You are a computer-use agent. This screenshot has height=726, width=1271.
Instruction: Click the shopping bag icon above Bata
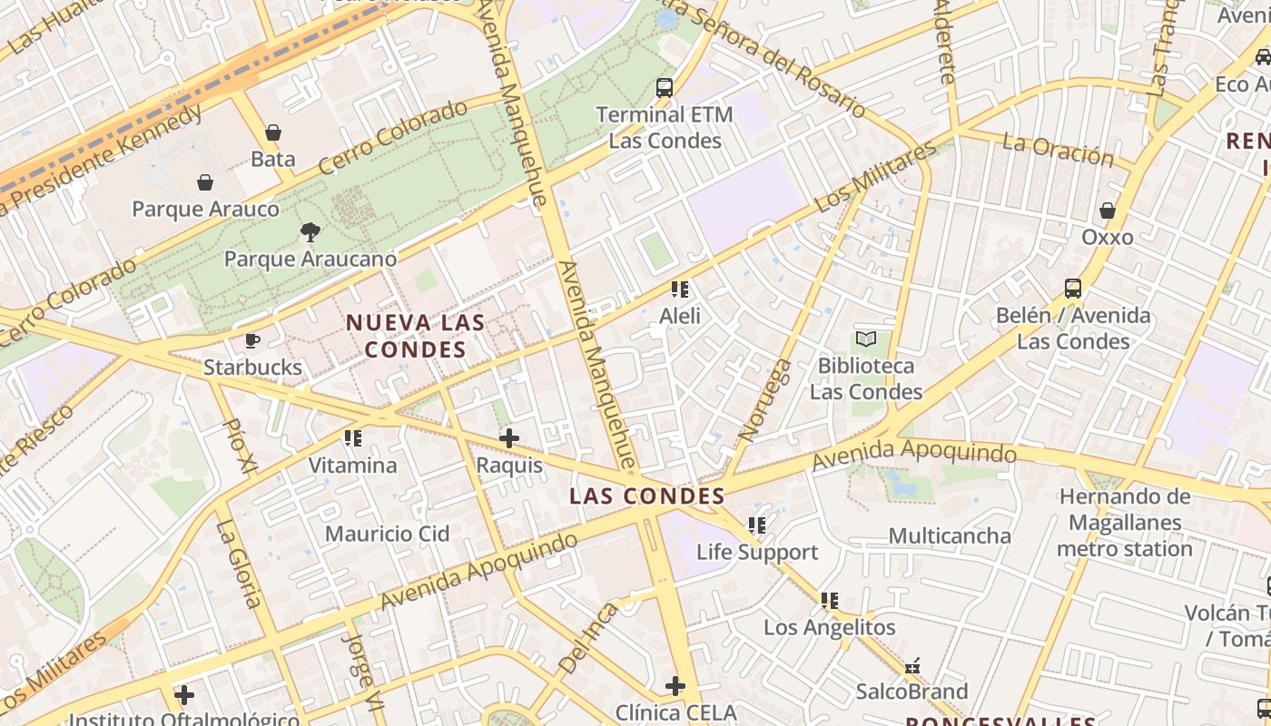coord(272,133)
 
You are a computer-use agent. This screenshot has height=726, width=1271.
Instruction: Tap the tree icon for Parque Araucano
coord(310,232)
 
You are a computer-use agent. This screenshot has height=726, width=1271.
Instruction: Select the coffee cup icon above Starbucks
coord(252,341)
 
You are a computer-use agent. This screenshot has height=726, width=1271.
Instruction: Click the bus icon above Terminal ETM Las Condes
coord(665,88)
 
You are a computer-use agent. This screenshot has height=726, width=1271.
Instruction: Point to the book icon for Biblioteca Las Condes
coord(866,339)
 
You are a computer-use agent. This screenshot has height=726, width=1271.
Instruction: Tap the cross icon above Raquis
coord(509,439)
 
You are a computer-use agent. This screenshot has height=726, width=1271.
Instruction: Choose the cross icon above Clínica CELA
coord(675,686)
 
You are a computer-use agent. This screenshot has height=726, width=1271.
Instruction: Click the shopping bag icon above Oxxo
coord(1107,211)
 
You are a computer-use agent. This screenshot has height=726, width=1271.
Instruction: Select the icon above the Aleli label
coord(680,289)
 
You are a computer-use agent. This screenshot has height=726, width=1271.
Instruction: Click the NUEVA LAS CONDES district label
coord(415,336)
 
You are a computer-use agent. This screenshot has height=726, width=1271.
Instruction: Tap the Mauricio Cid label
coord(387,534)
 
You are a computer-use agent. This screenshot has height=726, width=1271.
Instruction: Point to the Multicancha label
coord(949,535)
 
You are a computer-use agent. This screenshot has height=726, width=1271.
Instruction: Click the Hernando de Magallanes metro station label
coord(1124,523)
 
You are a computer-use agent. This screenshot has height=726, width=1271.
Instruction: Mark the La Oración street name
coord(1058,150)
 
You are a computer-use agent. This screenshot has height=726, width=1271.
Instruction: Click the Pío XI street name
coord(237,446)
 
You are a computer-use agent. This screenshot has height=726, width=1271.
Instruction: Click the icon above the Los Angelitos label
coord(829,601)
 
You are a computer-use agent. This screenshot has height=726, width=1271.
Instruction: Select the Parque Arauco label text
coord(205,209)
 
